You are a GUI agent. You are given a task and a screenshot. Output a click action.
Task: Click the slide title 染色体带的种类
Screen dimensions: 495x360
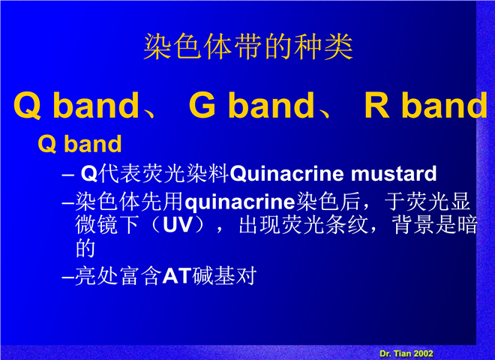coord(248,46)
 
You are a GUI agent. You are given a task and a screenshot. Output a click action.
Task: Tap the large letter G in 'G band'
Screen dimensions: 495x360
coord(202,104)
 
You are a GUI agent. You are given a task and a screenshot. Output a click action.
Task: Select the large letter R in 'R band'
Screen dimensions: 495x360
coord(377,104)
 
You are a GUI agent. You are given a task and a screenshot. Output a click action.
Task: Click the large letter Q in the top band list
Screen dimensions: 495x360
coord(27,106)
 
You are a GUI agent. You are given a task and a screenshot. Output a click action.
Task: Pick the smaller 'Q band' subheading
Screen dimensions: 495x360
coord(79,144)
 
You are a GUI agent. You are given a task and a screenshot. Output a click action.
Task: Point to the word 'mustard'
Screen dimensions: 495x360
coord(394,174)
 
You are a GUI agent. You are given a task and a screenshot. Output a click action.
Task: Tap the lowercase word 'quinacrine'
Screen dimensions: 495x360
coord(239,202)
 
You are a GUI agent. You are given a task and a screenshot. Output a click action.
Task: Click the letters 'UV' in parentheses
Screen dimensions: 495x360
coord(178,225)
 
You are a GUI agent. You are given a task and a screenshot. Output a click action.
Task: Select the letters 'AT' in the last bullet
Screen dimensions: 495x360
coord(177,276)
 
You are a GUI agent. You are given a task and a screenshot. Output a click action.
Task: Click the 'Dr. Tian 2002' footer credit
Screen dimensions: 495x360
coord(406,353)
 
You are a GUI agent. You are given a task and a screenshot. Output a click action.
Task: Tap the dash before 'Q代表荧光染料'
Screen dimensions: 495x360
coord(67,175)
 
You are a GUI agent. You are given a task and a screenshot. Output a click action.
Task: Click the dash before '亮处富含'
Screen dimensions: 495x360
coord(67,277)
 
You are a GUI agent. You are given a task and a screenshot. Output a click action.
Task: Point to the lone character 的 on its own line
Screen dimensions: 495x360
coord(85,248)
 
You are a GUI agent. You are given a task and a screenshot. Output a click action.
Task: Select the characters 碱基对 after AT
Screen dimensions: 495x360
coord(224,276)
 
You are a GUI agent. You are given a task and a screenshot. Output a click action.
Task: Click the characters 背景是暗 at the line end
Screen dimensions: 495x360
coord(434,225)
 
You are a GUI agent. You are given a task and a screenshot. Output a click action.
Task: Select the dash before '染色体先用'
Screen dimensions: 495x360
coord(67,202)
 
